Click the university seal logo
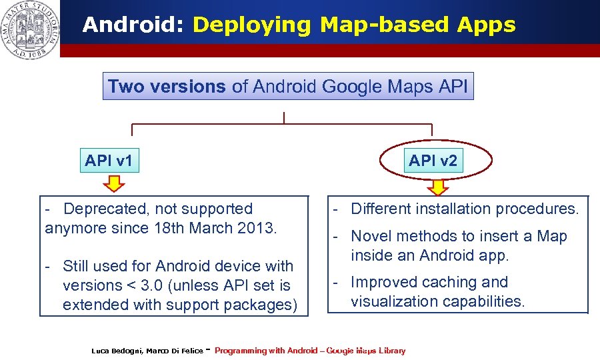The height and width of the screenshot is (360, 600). (x=30, y=29)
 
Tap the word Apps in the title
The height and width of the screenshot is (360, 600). (x=487, y=25)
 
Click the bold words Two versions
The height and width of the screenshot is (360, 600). (x=167, y=87)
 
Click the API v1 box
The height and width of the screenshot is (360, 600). (x=109, y=161)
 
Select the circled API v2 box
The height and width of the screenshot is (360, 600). (x=433, y=161)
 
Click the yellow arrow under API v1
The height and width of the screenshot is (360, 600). (x=114, y=182)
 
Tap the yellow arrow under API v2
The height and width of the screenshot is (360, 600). (x=438, y=187)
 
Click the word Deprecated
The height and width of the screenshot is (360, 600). (x=100, y=209)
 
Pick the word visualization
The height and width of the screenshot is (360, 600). (x=396, y=301)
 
